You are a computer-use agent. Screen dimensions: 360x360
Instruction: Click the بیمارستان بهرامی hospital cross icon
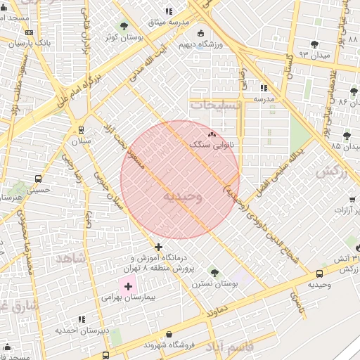(128, 286)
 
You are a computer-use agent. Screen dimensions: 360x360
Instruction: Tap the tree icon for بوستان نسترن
(214, 272)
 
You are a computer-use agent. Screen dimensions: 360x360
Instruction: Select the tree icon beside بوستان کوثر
(124, 26)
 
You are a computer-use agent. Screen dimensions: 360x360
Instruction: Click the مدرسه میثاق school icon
(168, 12)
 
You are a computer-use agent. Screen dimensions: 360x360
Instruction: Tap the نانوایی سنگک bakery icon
(212, 133)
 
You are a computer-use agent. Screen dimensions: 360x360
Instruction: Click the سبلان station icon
(82, 129)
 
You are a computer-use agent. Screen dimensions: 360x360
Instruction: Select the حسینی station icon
(37, 179)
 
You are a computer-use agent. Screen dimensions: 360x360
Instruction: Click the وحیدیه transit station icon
(320, 274)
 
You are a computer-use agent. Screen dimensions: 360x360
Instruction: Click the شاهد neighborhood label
(70, 258)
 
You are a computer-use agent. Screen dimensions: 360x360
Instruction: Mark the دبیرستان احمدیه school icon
(82, 319)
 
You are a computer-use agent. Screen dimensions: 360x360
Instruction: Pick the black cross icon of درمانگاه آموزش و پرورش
(159, 247)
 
